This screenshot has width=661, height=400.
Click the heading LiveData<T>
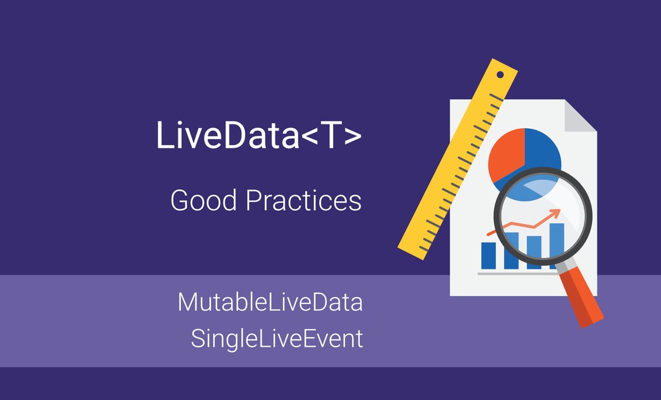[x=259, y=135]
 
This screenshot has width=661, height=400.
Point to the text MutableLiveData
[x=270, y=303]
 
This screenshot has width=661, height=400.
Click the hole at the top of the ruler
[x=500, y=74]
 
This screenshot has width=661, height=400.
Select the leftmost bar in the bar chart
[x=488, y=255]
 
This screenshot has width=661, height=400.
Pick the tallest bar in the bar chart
[x=556, y=245]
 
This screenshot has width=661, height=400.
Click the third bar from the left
[x=534, y=252]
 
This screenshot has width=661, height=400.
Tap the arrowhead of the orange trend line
[x=559, y=211]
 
